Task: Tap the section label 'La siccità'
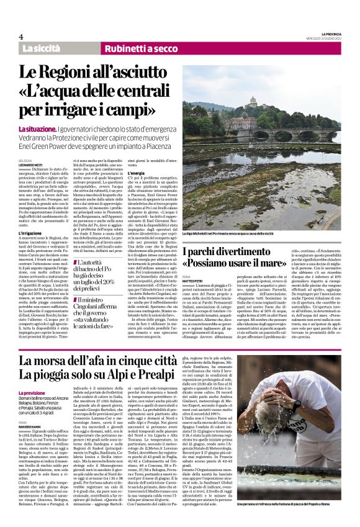coord(42,48)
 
